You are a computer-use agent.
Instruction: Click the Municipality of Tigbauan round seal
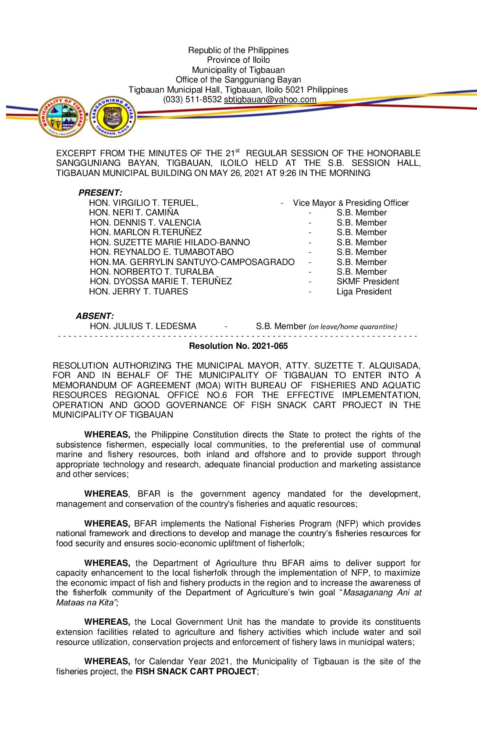(x=62, y=117)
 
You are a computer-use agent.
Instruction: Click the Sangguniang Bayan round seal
(x=113, y=117)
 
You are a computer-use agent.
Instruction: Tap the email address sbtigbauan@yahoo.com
(x=270, y=100)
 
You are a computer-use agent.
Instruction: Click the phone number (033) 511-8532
(x=192, y=100)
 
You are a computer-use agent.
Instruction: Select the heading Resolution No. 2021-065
(x=238, y=346)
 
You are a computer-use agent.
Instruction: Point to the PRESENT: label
(x=100, y=193)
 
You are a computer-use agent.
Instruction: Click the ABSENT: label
(x=95, y=316)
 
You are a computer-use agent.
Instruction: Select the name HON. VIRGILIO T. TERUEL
(x=143, y=203)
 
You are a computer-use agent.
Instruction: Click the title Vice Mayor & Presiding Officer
(x=351, y=203)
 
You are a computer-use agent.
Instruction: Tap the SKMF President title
(x=368, y=282)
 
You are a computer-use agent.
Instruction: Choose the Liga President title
(x=364, y=292)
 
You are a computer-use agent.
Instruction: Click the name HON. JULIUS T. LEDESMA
(x=143, y=326)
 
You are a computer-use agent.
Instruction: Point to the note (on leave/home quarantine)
(x=353, y=327)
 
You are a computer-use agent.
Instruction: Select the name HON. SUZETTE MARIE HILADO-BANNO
(x=170, y=242)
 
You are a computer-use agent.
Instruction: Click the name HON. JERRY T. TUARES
(x=139, y=292)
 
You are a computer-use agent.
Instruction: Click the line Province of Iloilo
(x=238, y=60)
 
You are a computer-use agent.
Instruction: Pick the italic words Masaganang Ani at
(x=382, y=593)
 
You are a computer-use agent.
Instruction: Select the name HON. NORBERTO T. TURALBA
(x=152, y=272)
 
